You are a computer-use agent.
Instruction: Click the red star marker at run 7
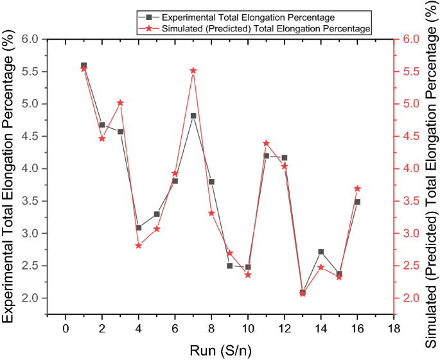point(193,71)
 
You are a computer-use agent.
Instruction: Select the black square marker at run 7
point(193,116)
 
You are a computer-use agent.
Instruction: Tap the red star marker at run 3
point(120,103)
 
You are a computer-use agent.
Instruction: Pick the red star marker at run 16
point(357,188)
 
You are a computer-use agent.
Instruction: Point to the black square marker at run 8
point(211,182)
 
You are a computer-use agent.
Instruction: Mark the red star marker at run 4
point(138,245)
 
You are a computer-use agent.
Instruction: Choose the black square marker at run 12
point(284,157)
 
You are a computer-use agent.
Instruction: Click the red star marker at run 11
point(266,143)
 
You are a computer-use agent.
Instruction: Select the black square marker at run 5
point(157,214)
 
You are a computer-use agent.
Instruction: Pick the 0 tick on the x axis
point(66,329)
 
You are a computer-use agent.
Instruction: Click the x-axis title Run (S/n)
point(220,350)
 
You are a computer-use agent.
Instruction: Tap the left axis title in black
point(10,180)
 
